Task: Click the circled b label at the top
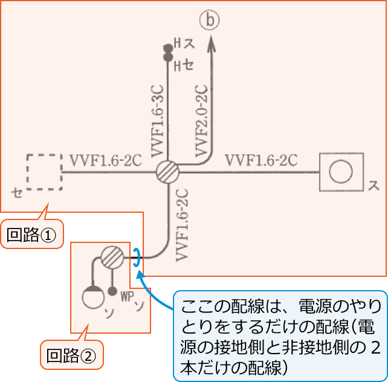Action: click(211, 21)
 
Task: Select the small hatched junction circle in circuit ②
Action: click(112, 258)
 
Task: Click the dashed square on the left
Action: click(44, 172)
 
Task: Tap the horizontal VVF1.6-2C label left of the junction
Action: click(106, 161)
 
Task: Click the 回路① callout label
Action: click(34, 235)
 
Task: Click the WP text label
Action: click(126, 296)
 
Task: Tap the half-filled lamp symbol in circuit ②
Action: click(92, 296)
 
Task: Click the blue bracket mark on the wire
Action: click(137, 258)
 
